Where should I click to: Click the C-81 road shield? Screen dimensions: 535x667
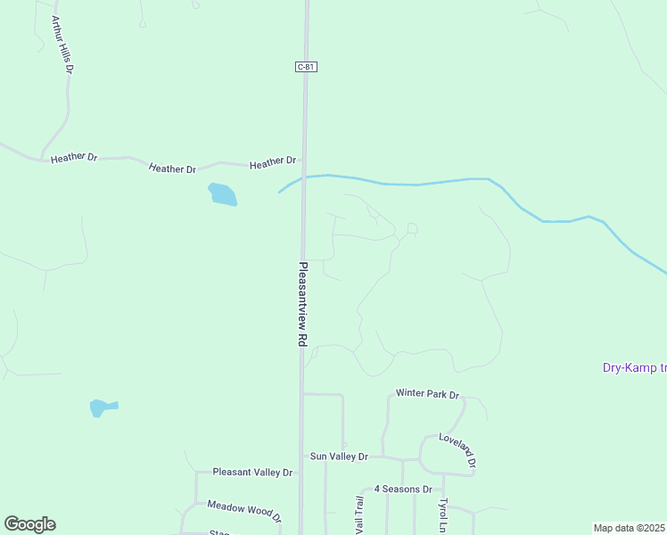[306, 67]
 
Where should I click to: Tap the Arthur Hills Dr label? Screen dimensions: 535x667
[61, 44]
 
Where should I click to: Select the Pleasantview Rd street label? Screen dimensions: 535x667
[303, 304]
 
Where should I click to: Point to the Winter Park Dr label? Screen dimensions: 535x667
[427, 393]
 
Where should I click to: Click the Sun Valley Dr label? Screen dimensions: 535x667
[339, 457]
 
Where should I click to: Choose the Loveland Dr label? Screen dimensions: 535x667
[457, 449]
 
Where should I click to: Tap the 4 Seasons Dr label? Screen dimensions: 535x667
[403, 489]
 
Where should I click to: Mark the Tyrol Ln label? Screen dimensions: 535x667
[443, 515]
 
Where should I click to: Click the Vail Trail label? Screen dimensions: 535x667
[359, 515]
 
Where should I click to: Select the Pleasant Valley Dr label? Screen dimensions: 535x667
[252, 472]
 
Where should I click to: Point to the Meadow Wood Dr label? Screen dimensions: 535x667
[244, 511]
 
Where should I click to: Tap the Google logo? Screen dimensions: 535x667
[29, 524]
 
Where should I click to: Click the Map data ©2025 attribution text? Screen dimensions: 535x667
[630, 528]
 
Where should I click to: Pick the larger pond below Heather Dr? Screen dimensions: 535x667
[222, 193]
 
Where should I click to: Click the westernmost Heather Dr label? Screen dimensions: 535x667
[74, 158]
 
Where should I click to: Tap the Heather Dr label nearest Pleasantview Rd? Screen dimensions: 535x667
[273, 163]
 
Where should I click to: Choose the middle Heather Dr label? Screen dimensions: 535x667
[173, 168]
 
